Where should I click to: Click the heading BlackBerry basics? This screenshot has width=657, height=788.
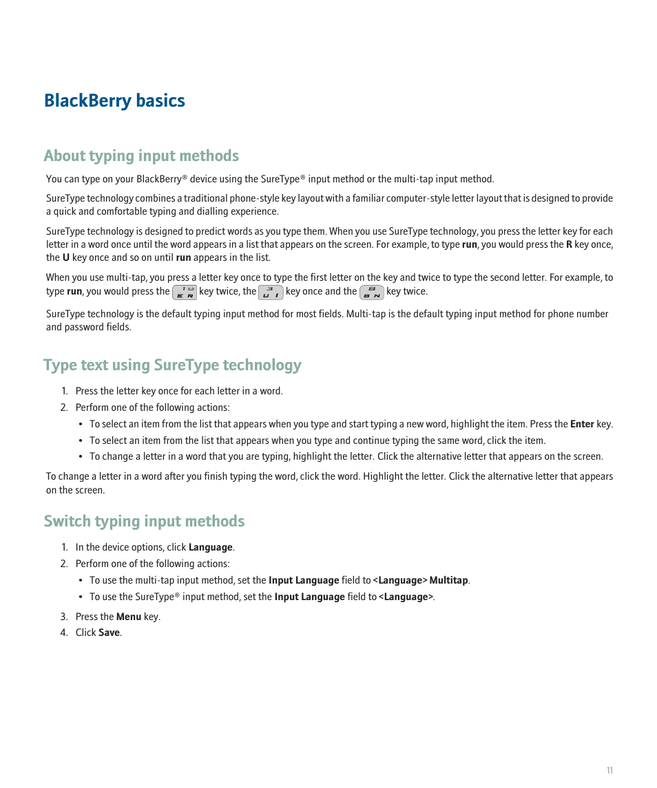click(x=114, y=100)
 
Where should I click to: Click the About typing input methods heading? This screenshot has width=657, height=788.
click(x=141, y=156)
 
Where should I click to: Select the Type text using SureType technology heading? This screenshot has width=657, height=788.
click(x=172, y=365)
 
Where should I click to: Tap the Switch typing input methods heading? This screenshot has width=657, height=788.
click(x=144, y=521)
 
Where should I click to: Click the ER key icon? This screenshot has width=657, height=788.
click(x=185, y=292)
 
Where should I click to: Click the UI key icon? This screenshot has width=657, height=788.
click(x=271, y=292)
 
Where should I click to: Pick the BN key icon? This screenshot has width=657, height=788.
click(x=371, y=292)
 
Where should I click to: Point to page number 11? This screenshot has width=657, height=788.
click(x=609, y=770)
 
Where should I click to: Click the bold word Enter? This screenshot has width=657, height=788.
click(x=582, y=424)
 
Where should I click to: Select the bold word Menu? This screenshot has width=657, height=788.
click(x=128, y=617)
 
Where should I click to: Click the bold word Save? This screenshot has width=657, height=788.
click(x=109, y=632)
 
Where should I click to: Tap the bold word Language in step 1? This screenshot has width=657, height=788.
click(x=210, y=547)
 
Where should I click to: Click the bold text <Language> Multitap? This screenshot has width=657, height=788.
click(x=420, y=580)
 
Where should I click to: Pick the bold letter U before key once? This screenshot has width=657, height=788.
click(x=66, y=257)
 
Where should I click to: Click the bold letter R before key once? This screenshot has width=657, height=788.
click(x=569, y=244)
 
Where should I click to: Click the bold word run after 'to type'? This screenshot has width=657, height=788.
click(x=469, y=244)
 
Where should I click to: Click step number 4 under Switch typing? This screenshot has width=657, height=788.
click(x=63, y=632)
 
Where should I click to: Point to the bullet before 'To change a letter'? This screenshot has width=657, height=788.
click(x=81, y=456)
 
